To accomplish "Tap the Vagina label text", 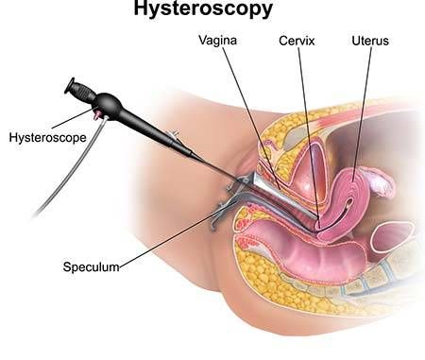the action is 218,42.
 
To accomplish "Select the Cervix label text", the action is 296,42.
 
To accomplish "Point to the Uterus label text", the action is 369,42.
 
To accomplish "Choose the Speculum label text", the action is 92,266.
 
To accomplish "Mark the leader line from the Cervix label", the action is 307,132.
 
